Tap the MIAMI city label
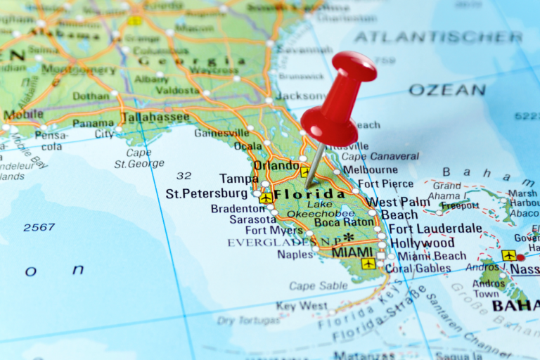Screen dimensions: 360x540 (x=352, y=252)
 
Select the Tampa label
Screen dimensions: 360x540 (x=238, y=179)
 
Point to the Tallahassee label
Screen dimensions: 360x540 (x=155, y=117)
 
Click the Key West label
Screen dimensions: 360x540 (x=302, y=306)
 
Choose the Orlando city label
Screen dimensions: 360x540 (x=276, y=166)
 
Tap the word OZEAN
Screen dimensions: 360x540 (x=447, y=90)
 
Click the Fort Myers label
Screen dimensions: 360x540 (x=274, y=230)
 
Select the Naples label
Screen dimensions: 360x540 (x=295, y=255)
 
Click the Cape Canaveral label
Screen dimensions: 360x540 (x=380, y=156)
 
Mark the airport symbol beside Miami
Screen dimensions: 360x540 (x=368, y=264)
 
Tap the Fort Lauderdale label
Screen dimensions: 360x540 (x=435, y=229)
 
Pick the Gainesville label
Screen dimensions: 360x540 (x=221, y=132)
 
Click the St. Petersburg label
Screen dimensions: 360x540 (x=207, y=193)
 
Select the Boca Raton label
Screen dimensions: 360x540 (x=345, y=223)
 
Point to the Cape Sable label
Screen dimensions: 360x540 (x=318, y=285)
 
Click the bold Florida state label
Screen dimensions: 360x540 (x=309, y=194)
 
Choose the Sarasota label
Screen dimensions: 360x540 (x=252, y=219)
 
